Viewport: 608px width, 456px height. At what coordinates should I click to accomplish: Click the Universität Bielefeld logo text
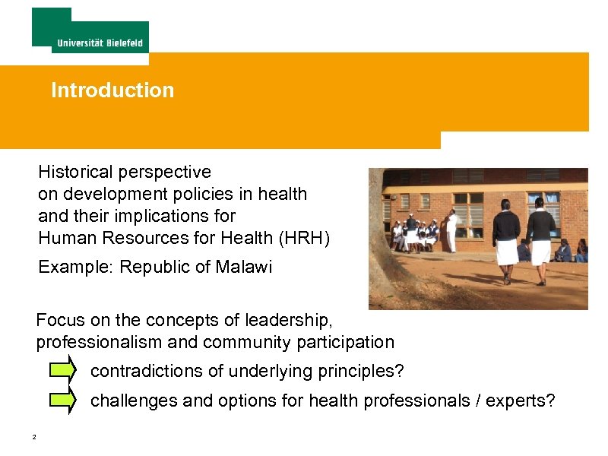(100, 43)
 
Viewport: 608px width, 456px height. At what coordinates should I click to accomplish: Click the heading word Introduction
(112, 90)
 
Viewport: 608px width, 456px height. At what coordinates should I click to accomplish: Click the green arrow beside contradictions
(62, 371)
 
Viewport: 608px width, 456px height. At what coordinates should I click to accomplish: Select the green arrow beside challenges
(62, 401)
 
